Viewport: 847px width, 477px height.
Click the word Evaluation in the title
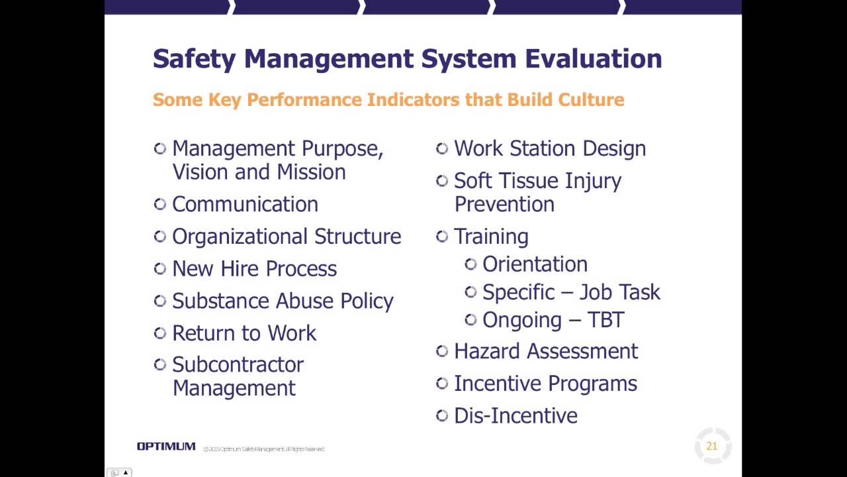[594, 58]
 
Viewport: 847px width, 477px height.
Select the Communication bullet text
[245, 204]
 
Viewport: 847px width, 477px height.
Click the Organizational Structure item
[287, 237]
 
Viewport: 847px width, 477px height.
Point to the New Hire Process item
[254, 269]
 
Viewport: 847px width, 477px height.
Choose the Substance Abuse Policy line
[283, 301]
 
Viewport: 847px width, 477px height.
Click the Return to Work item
[244, 333]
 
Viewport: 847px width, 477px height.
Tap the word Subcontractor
[238, 364]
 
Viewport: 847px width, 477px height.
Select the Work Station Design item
[550, 148]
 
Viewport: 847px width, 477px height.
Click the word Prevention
[504, 204]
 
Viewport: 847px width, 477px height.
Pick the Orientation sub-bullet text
[535, 264]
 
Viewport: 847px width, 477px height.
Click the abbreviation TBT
[605, 320]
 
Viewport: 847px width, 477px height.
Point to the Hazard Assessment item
[546, 351]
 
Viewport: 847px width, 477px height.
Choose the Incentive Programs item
[545, 384]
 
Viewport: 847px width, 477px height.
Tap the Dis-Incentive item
[515, 416]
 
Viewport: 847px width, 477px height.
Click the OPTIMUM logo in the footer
[166, 447]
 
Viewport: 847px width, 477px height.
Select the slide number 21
[712, 446]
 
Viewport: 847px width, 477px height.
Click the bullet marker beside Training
[442, 236]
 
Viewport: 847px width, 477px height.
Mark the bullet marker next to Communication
[159, 203]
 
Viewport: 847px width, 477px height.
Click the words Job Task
[621, 292]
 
